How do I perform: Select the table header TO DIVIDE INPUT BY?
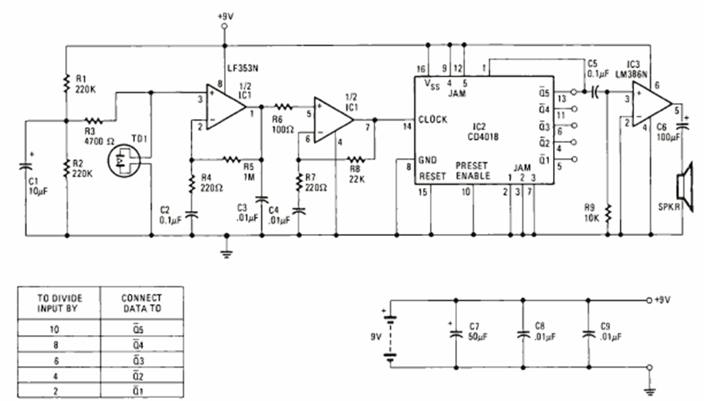(60, 303)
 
